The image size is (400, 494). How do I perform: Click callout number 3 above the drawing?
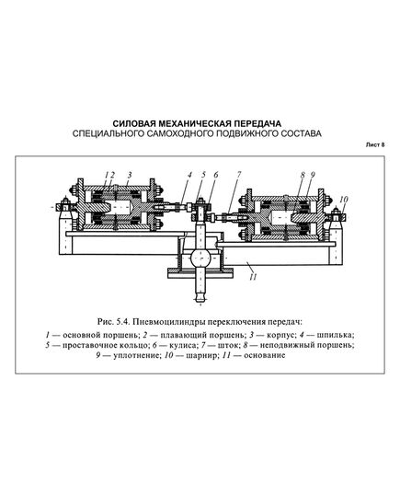click(x=130, y=173)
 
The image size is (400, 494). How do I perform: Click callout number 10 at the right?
click(x=343, y=198)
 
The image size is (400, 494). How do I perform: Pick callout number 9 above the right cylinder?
click(x=313, y=173)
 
